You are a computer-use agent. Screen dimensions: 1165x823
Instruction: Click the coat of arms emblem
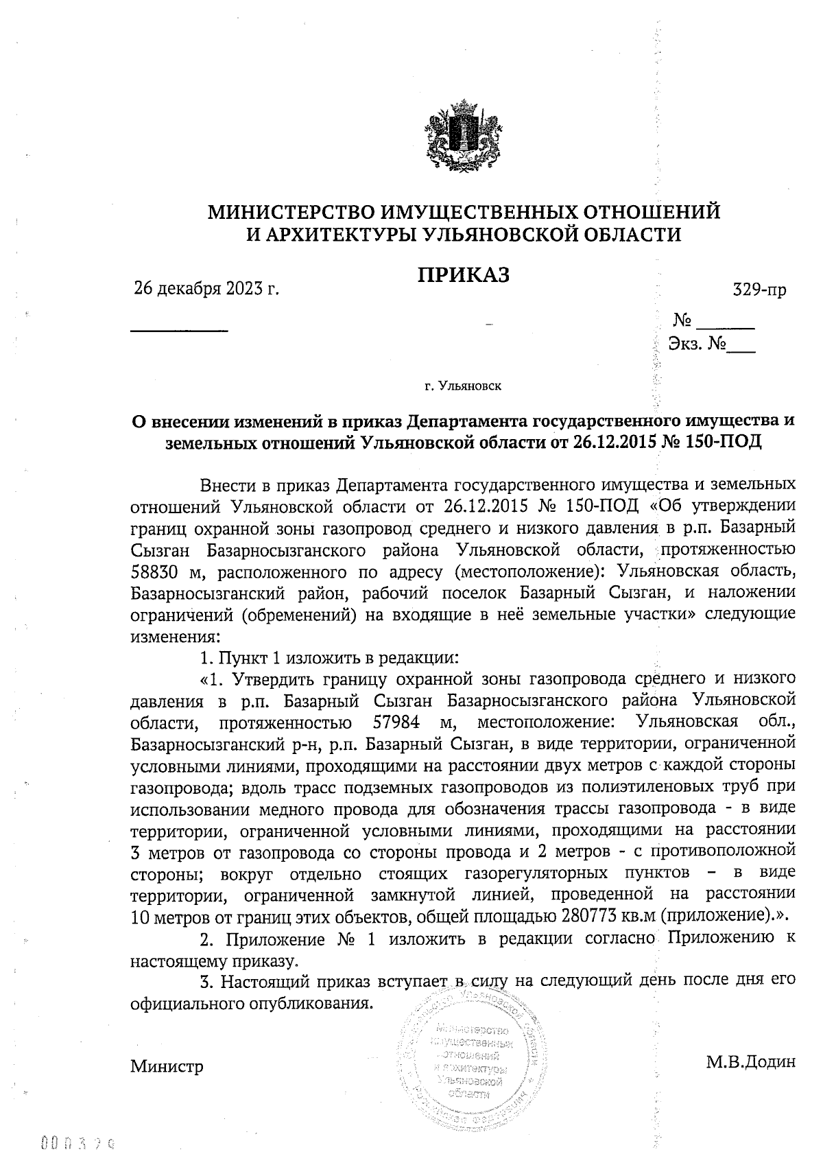pos(464,137)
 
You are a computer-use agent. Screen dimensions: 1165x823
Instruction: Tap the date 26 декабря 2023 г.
pos(206,289)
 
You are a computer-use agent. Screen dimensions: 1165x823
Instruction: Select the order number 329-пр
pos(759,290)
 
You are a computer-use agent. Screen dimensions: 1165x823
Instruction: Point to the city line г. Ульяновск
pos(463,386)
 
